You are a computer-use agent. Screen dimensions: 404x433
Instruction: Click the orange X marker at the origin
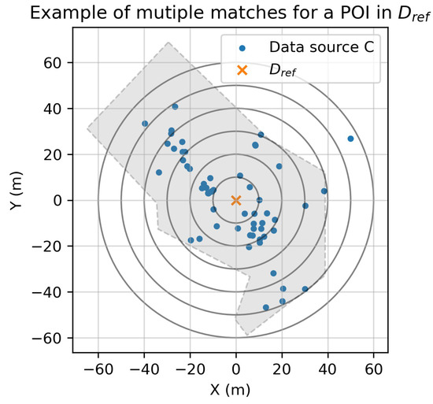[235, 200]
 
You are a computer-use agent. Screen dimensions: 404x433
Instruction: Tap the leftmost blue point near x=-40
[145, 124]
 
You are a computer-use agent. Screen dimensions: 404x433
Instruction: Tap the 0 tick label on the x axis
[235, 368]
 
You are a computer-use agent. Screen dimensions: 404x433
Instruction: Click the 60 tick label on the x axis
[374, 368]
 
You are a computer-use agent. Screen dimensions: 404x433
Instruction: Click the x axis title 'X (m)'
[235, 389]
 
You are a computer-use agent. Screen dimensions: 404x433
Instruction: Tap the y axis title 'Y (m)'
[14, 200]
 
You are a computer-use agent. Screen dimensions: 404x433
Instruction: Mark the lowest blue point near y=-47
[265, 307]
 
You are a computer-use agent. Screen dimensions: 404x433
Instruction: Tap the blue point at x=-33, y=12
[159, 172]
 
